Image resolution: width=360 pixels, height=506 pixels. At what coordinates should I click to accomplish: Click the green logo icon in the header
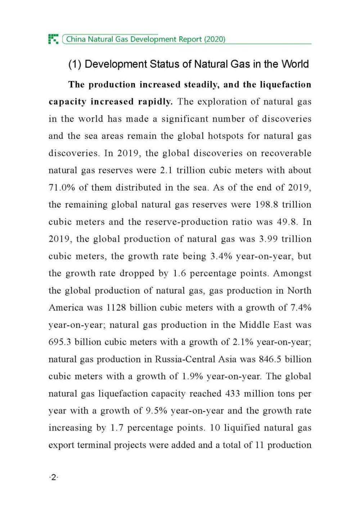coord(53,39)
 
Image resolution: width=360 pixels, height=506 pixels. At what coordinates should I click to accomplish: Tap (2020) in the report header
coord(215,39)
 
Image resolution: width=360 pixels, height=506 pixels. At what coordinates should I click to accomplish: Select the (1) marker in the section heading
coord(75,64)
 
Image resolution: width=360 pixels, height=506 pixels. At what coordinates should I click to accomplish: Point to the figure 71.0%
coord(62,188)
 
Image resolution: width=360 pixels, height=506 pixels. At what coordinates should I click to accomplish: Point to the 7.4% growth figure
coord(301,308)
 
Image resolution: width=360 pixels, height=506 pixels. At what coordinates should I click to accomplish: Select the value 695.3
coord(60,342)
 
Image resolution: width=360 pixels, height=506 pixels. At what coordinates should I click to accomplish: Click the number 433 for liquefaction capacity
coord(233,393)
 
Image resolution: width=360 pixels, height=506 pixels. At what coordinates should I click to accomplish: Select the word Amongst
coord(292,274)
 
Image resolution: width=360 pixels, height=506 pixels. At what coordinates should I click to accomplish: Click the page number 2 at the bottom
coord(54,478)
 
